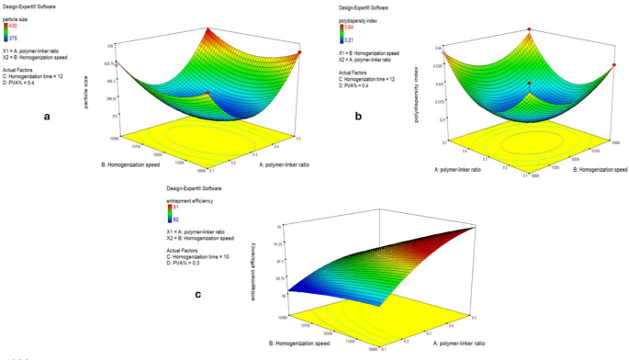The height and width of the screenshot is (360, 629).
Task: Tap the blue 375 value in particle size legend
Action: pyautogui.click(x=14, y=39)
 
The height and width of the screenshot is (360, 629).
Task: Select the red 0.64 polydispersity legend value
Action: pyautogui.click(x=349, y=28)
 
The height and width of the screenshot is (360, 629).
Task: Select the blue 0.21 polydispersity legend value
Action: pyautogui.click(x=349, y=39)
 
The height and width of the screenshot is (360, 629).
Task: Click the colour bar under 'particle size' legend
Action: pyautogui.click(x=6, y=34)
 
